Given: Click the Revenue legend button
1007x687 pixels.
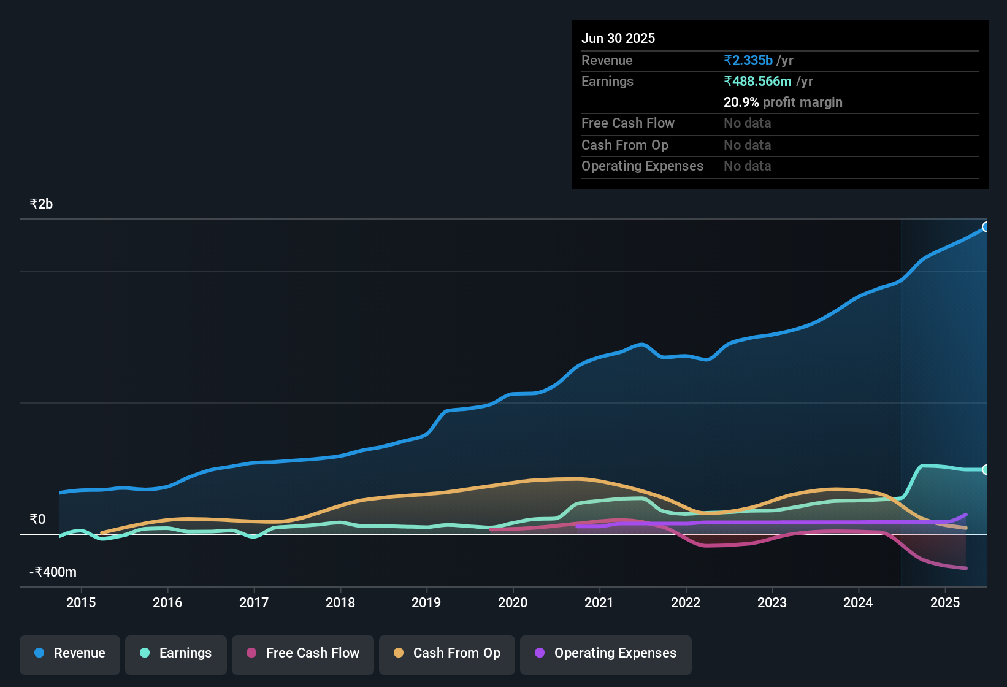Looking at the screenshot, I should (x=70, y=653).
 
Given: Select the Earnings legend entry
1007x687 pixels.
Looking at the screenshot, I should (x=176, y=653).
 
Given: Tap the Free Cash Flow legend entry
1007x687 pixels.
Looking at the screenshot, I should (x=303, y=653).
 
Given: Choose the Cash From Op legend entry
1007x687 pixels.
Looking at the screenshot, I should (x=447, y=653).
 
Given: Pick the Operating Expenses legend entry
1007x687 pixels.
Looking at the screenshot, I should (x=606, y=653).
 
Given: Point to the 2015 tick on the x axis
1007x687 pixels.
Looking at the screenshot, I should (x=81, y=602).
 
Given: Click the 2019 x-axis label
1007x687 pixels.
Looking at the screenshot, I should (x=426, y=602).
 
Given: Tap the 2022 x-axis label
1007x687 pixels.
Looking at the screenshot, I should (x=686, y=602).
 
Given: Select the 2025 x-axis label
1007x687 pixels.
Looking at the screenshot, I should (x=945, y=602).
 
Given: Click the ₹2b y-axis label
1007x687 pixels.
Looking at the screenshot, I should (x=42, y=204).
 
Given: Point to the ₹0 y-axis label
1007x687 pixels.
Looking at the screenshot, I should (x=38, y=520).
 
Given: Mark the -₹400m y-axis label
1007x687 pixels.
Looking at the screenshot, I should (x=53, y=572).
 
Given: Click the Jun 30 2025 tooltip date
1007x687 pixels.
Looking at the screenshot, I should (x=618, y=39).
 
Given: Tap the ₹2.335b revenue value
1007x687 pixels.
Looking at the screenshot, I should (x=748, y=61).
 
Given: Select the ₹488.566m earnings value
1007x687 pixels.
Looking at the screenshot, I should (x=758, y=82).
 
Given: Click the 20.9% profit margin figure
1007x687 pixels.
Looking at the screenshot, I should (x=741, y=102).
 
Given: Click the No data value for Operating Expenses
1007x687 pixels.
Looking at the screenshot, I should (x=747, y=166).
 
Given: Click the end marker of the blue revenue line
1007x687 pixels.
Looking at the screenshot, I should (x=986, y=227).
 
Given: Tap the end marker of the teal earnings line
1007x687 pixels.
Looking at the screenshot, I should (x=986, y=470).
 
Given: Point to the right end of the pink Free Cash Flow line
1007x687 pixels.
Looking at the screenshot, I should (x=966, y=568).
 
